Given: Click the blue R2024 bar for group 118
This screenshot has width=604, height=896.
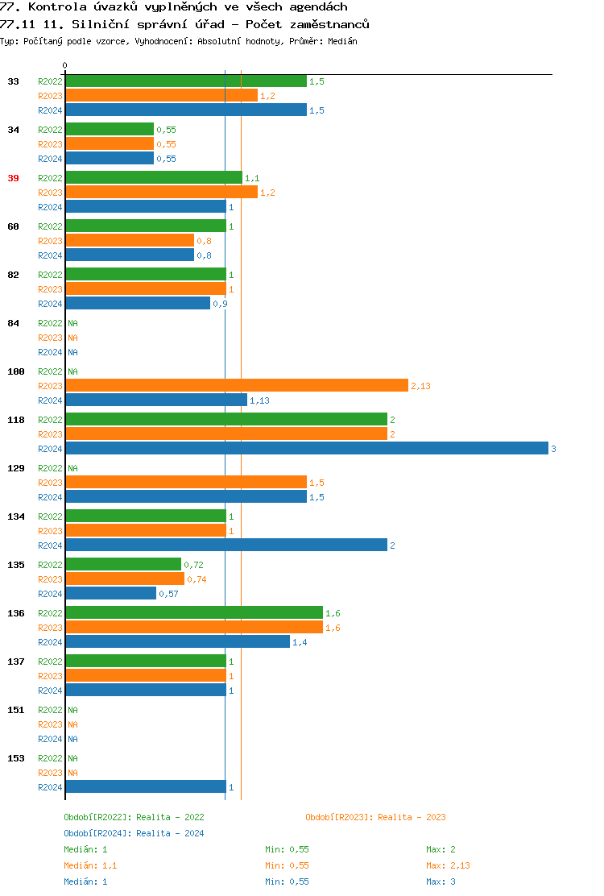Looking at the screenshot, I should [306, 449].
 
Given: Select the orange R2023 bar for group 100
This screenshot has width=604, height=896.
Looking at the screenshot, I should [237, 386].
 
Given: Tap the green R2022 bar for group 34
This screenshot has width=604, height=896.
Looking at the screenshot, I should [110, 130].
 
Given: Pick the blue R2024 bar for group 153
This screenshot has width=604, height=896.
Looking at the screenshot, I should [145, 787].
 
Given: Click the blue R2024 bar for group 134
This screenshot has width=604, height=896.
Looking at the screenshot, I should [225, 545].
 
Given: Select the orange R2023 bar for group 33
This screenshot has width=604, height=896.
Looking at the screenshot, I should [161, 96].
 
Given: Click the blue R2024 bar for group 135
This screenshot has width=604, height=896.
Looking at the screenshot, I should [110, 594].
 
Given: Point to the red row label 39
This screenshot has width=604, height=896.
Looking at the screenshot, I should [14, 178].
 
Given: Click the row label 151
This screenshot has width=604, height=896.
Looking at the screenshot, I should [16, 710].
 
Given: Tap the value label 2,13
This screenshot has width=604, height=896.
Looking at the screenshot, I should [420, 386].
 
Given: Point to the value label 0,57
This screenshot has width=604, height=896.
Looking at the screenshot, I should [168, 594].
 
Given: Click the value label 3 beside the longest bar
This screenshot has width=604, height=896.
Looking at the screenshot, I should [553, 449].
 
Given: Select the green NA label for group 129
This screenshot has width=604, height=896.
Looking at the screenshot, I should [72, 468].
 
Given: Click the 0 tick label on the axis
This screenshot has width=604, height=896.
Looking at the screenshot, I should [65, 65].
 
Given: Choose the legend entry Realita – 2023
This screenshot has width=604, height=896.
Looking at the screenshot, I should [375, 817].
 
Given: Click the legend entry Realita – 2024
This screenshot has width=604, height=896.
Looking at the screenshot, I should [134, 833].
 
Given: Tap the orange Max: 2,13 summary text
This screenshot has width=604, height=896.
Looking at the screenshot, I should [449, 865].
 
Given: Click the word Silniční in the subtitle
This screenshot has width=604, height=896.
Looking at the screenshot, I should [110, 24].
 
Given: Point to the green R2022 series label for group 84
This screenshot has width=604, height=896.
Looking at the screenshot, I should [50, 323].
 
